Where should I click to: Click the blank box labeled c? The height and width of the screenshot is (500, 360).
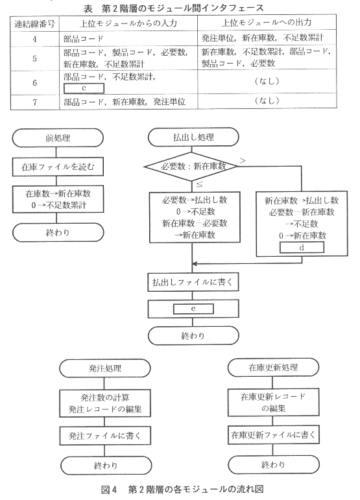click(x=84, y=88)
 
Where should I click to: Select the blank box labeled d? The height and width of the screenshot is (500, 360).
click(x=302, y=248)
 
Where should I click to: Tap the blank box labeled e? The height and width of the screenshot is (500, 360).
click(x=193, y=309)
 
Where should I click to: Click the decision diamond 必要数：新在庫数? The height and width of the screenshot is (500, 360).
click(x=191, y=166)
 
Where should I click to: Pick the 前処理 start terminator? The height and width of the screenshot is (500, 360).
click(x=58, y=137)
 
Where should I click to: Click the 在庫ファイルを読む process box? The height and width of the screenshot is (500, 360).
click(x=58, y=167)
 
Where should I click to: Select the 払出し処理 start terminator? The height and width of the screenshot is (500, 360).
click(x=193, y=137)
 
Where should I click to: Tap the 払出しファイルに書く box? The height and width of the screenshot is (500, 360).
click(x=193, y=282)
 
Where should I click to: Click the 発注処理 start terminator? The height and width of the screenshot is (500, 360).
click(x=105, y=368)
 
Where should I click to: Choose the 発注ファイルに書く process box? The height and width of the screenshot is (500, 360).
click(x=105, y=436)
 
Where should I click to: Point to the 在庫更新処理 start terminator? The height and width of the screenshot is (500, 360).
click(x=273, y=367)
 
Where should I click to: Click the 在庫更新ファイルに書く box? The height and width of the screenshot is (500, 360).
click(x=273, y=435)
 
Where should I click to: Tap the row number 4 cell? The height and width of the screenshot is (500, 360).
click(x=35, y=39)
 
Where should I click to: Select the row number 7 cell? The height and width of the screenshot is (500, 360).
click(x=35, y=102)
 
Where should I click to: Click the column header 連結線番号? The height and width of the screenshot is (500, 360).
click(x=35, y=23)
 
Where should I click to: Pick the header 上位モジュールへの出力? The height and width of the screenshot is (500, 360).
click(x=267, y=22)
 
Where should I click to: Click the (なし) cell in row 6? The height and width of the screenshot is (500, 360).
click(x=267, y=81)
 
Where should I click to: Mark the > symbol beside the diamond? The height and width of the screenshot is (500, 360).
click(x=243, y=160)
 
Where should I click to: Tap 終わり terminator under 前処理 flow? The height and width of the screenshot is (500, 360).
click(x=58, y=232)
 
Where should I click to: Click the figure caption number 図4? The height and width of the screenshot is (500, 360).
click(x=110, y=490)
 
